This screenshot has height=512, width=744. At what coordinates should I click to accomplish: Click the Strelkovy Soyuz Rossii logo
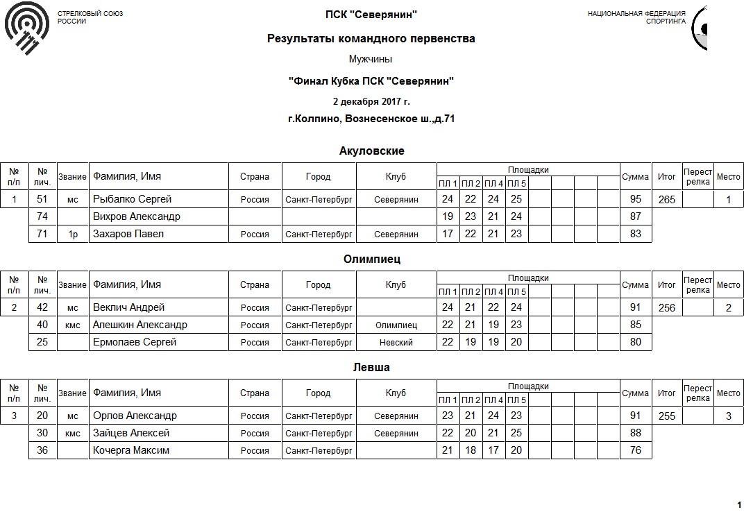coord(26,28)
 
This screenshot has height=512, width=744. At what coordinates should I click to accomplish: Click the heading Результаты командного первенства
coord(371,39)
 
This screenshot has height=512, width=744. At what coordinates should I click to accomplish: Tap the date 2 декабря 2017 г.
coord(371,101)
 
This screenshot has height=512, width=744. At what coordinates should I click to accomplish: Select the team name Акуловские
coord(371,151)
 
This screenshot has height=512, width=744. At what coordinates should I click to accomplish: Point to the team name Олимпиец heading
coord(371,259)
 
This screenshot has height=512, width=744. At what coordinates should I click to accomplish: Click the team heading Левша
coord(371,368)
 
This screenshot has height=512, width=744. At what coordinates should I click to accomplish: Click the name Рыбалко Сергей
coord(132,199)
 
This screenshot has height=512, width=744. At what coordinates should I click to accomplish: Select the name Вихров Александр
coord(136,216)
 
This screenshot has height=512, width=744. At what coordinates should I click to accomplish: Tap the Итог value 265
coord(666,200)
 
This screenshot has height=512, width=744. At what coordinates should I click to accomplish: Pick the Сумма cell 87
coord(635,216)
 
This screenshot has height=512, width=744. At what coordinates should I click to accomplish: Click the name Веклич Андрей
coord(129,307)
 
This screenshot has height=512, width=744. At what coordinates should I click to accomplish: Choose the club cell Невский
coord(396,343)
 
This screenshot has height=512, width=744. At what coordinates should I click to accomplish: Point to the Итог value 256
coord(666,308)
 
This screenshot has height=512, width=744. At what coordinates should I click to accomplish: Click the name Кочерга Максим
coord(131,450)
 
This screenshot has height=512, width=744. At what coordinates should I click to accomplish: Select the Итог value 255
coord(666,416)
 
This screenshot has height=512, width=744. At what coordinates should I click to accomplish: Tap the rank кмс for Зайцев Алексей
coord(72,434)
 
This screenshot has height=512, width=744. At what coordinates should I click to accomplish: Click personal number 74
coord(42,216)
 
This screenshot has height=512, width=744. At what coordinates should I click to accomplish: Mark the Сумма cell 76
coord(635,450)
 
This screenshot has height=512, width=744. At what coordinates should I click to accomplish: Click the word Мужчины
coord(371,60)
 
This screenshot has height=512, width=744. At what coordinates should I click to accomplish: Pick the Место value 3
coord(728,416)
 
